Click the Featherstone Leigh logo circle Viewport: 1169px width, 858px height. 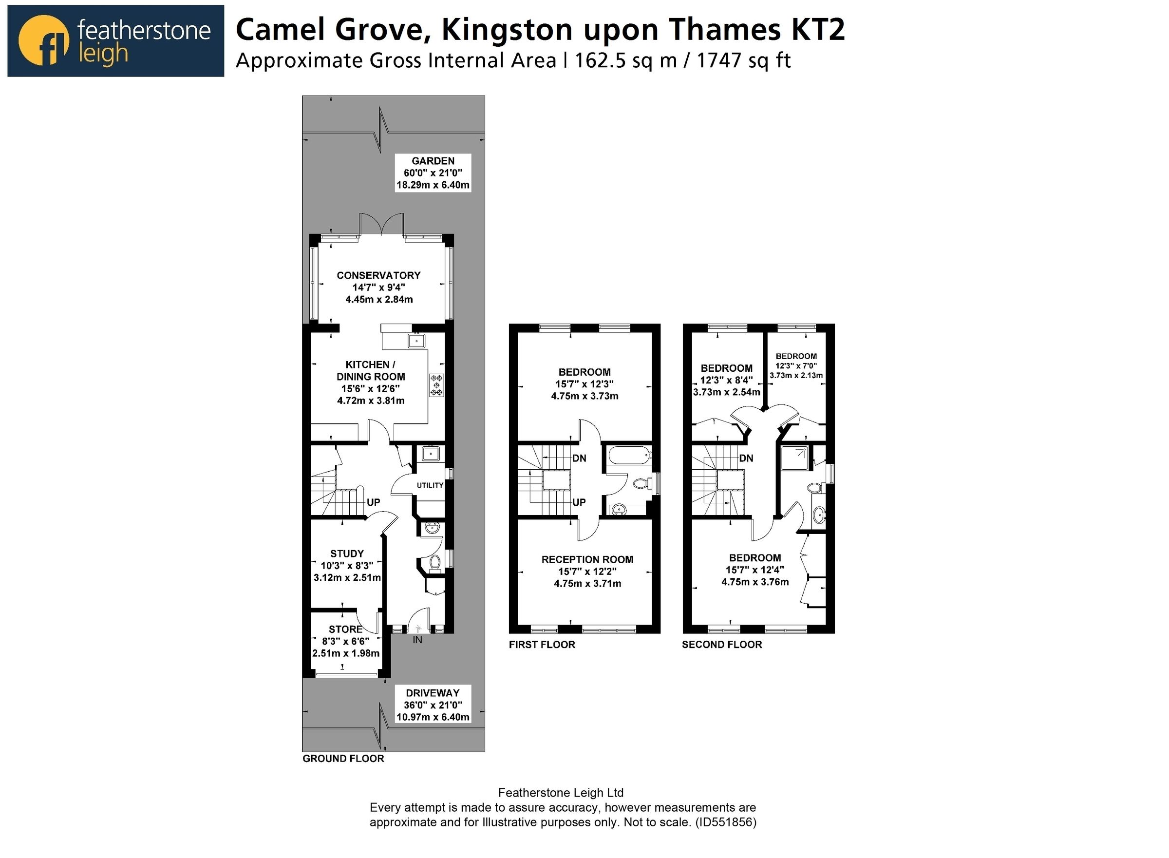click(x=43, y=40)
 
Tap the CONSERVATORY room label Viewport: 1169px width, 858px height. click(x=378, y=275)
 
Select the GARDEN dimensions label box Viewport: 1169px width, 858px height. click(x=433, y=173)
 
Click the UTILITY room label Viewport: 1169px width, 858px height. click(x=430, y=485)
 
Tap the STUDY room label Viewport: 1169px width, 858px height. click(x=347, y=553)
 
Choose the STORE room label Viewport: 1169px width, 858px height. click(x=345, y=629)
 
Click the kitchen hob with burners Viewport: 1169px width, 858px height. click(x=436, y=385)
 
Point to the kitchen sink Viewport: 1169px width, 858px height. click(x=416, y=341)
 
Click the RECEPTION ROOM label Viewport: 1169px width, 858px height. click(x=587, y=559)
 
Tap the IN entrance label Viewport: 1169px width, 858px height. click(x=417, y=640)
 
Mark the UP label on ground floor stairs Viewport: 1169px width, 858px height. click(x=373, y=502)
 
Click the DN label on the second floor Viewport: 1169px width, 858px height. click(x=746, y=458)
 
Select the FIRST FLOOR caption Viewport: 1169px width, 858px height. click(x=542, y=645)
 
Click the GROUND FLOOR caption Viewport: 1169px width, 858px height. click(x=343, y=758)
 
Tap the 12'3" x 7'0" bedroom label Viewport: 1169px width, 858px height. click(x=796, y=365)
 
